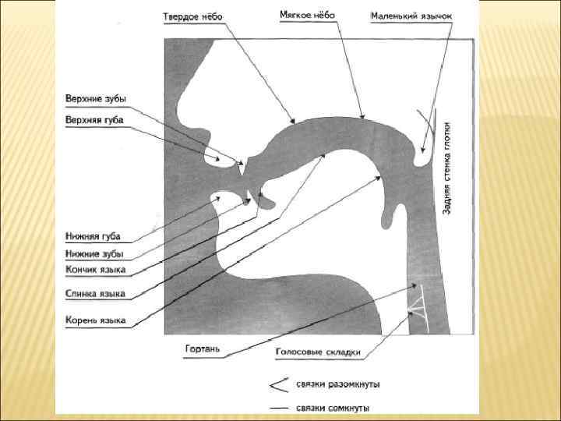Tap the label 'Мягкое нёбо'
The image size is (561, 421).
coord(309,15)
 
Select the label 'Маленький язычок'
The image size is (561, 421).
coord(411,16)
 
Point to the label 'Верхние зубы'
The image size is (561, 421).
coord(94,98)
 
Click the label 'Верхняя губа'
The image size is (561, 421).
coord(94,119)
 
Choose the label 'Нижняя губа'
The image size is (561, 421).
coord(93,236)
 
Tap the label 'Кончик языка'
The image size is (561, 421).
coord(96,271)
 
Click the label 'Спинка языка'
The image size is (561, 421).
coord(95,294)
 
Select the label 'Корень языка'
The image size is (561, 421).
coord(95,320)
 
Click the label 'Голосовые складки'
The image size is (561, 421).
coord(318,352)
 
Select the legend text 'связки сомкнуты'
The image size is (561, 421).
coord(333,408)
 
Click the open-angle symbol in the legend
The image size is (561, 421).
coord(277,384)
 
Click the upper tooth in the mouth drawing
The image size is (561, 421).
coord(243,166)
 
